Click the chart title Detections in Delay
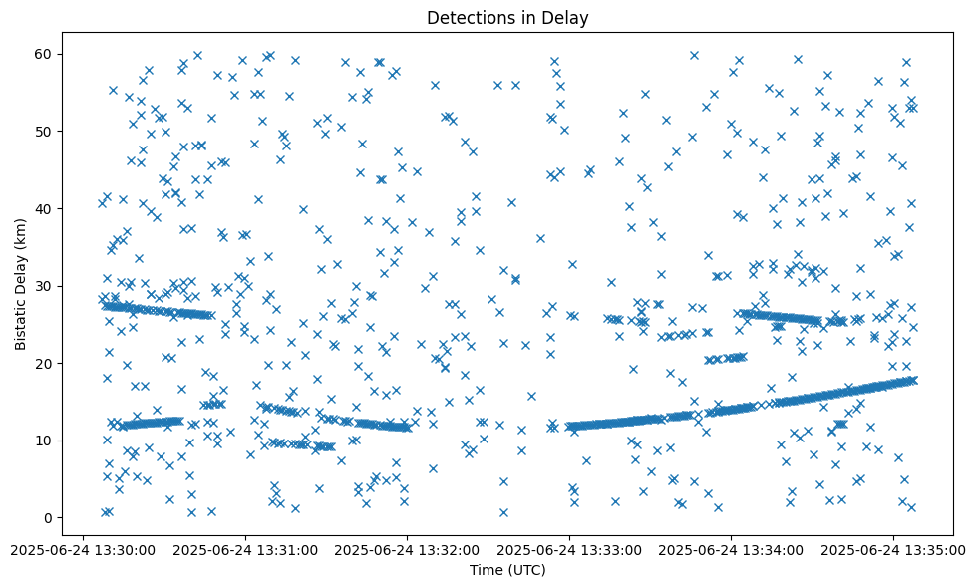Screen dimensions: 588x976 (x=507, y=17)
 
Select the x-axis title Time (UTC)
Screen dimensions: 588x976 (x=507, y=570)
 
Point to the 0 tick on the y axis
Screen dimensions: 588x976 (x=48, y=517)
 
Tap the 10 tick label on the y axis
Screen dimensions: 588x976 (x=44, y=441)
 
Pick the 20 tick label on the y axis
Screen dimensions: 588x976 (x=44, y=363)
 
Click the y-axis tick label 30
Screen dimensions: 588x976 (x=44, y=286)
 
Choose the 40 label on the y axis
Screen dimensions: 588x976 (x=44, y=208)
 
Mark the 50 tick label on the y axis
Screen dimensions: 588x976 (x=44, y=131)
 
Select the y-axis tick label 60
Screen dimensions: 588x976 (x=44, y=54)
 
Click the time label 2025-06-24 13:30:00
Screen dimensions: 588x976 (x=84, y=549)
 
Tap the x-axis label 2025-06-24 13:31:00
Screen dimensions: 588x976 (x=245, y=549)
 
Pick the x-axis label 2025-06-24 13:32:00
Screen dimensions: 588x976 (x=407, y=549)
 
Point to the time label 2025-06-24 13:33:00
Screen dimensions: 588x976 (x=569, y=549)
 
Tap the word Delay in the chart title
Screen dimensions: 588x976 (x=568, y=17)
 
